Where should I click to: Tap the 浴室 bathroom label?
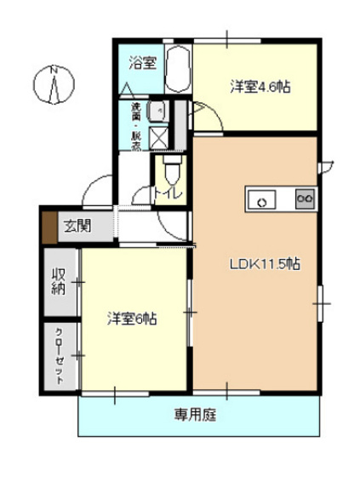coord(141,61)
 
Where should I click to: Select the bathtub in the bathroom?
coord(177,72)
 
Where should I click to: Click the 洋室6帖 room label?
coord(132,319)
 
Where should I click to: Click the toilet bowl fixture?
coord(171,169)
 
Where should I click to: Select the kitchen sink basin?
coord(263,200)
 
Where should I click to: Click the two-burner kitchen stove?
coord(304,199)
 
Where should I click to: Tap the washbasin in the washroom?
coord(157,111)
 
